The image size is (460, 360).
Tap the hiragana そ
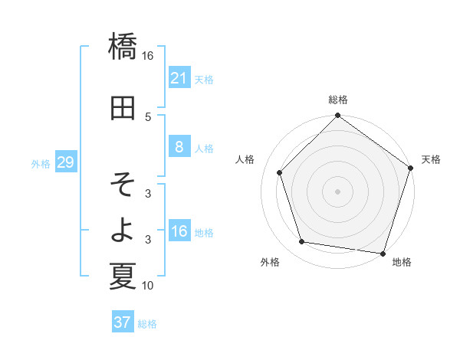click(123, 184)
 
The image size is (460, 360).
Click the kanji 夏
click(123, 276)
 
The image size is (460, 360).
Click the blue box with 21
click(179, 77)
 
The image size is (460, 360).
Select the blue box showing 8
click(179, 147)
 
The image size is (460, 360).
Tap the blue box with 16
click(179, 231)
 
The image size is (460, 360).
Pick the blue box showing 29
click(65, 162)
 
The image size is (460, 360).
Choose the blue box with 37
click(122, 322)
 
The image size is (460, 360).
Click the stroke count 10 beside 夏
click(148, 286)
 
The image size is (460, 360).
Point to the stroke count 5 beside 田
click(148, 116)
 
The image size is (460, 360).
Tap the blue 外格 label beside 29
click(41, 163)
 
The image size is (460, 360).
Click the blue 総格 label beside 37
click(147, 324)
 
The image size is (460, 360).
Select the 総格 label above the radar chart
click(337, 100)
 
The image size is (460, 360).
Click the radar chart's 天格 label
click(431, 159)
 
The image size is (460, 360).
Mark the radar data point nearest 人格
click(280, 173)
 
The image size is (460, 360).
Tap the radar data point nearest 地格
click(383, 253)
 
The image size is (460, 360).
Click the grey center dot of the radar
click(337, 191)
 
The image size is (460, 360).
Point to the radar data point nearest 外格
click(302, 242)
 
